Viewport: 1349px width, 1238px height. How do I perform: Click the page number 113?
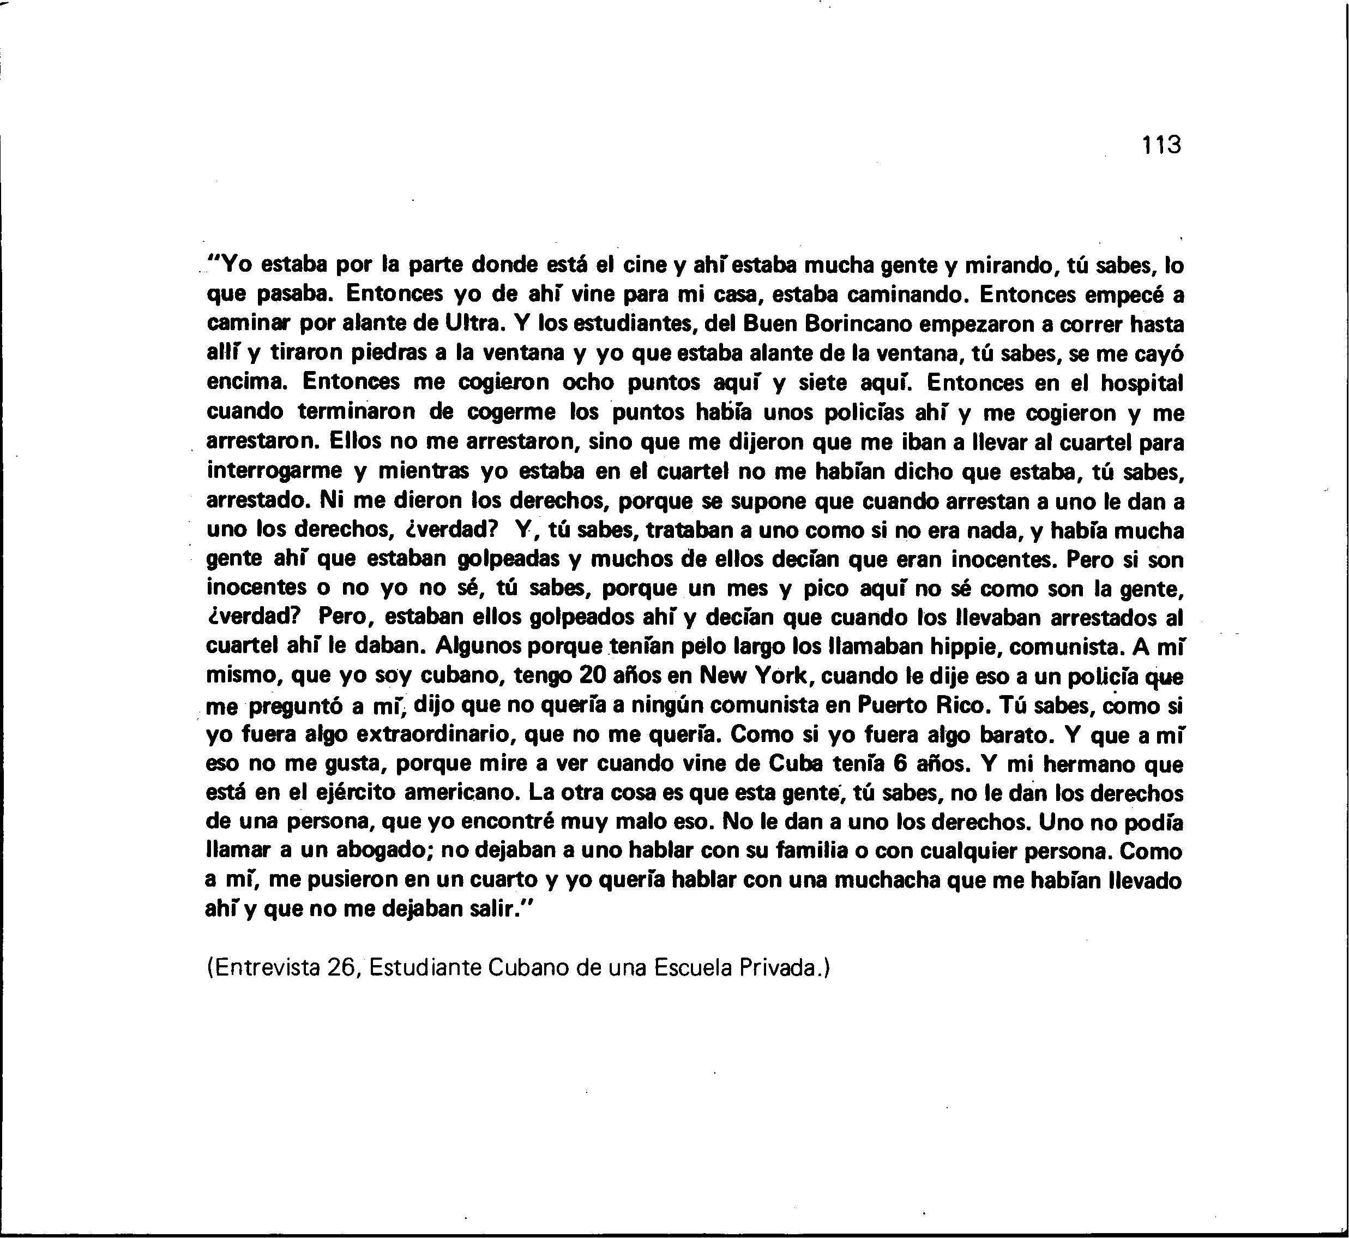coord(1162,145)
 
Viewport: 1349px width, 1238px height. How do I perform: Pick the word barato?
coord(1017,735)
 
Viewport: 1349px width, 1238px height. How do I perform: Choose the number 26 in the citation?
coord(340,967)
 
